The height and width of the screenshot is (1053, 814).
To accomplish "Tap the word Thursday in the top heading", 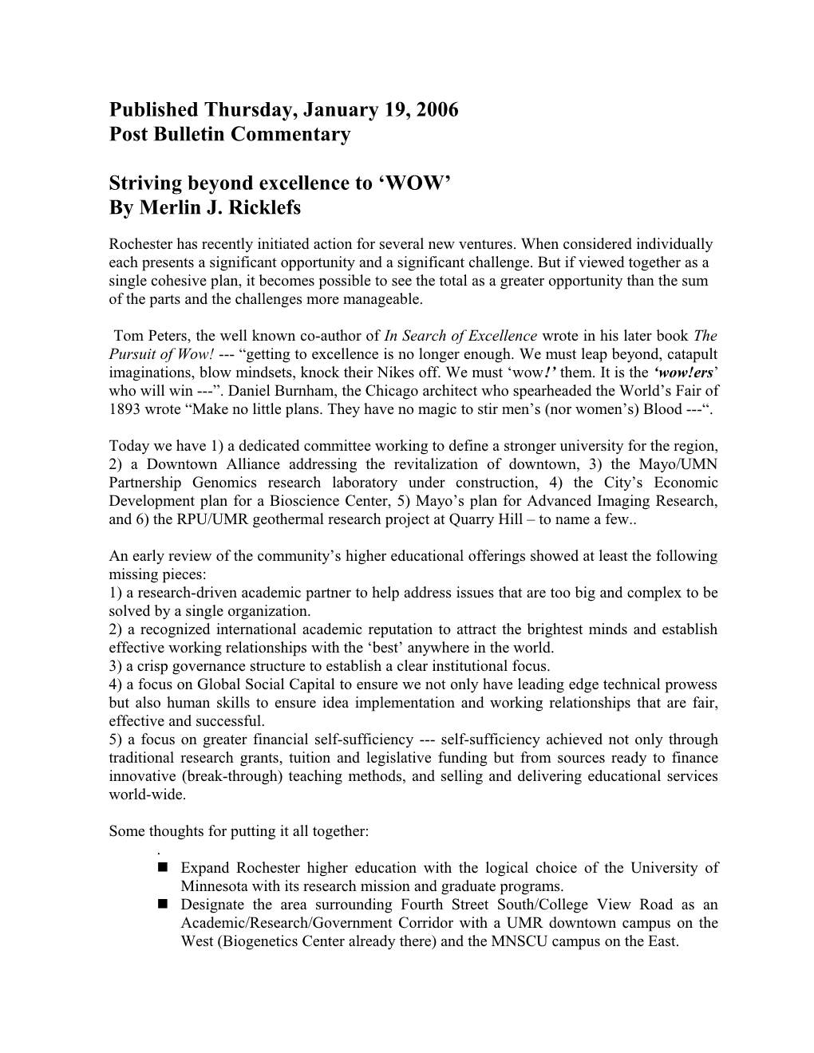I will click(244, 109).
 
